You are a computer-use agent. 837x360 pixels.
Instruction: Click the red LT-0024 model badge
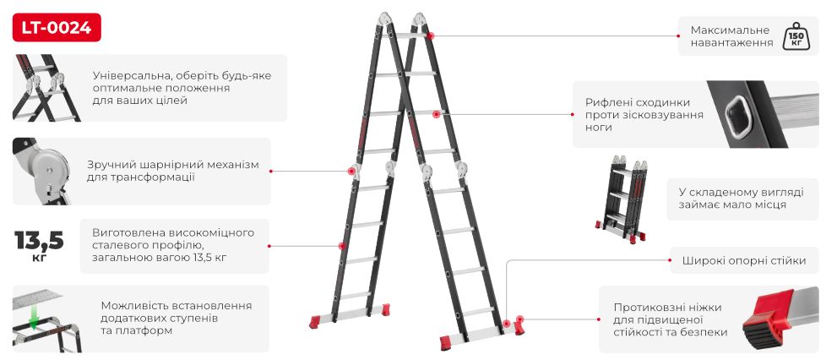point(57,27)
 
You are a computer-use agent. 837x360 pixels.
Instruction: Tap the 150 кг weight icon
point(794,36)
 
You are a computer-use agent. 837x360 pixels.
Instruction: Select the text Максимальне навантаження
point(731,36)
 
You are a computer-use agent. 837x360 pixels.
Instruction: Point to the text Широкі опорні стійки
point(744,260)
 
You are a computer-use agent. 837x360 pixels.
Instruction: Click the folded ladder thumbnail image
point(622,199)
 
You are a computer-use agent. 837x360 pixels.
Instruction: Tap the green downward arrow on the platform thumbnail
point(34,319)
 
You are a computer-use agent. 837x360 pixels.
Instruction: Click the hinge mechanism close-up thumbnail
point(41,171)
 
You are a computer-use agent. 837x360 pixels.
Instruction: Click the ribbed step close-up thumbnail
point(763,114)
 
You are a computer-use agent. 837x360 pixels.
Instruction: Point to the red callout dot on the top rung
point(430,35)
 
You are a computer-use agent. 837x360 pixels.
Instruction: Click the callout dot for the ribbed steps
point(436,114)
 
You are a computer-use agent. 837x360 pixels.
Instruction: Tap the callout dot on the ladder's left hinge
point(351,171)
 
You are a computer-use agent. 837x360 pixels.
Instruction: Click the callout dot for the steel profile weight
point(341,246)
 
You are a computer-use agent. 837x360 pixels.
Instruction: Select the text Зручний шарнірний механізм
point(173,165)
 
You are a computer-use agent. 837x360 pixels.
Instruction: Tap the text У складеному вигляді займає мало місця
point(741,198)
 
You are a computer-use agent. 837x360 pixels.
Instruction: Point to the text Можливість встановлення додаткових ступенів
point(177,312)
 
